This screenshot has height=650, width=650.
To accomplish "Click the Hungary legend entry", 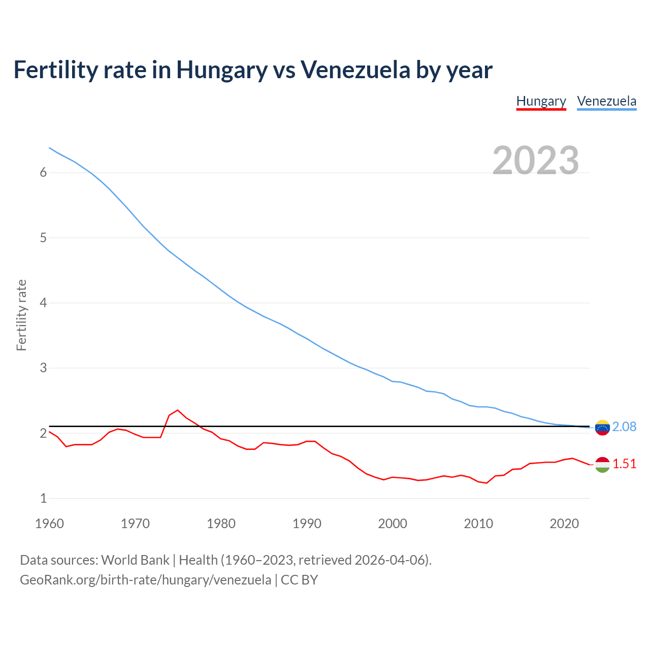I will point(541,101).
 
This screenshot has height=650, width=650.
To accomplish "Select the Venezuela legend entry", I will point(606,101).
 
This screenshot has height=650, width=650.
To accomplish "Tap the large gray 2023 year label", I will point(536,160).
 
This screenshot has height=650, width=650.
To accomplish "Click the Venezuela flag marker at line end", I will point(602,428).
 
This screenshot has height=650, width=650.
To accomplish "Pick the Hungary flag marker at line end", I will point(602,465).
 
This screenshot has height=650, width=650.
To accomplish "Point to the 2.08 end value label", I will point(624,427).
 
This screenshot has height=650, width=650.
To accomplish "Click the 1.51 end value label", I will point(624,464).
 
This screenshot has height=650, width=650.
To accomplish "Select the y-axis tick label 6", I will point(43,173).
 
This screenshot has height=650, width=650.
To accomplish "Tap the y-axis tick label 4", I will point(43,303).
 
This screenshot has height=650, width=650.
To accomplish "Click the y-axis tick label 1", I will point(43,499).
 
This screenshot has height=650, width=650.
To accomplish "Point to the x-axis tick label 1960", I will point(49,524).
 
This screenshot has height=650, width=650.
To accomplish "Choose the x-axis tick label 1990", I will point(307,524).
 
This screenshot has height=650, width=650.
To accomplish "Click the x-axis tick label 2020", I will point(564,524).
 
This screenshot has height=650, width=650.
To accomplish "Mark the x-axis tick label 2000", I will point(393,524).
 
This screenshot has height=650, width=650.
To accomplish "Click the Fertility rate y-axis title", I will point(21,315).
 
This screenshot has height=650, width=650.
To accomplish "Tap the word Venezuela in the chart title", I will point(355,70).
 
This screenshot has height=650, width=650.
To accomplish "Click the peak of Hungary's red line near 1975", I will point(178,410).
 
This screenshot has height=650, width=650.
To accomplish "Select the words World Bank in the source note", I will point(135,560).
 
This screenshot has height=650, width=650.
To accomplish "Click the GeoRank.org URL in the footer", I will point(145,580).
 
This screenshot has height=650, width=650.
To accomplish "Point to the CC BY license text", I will point(299,580).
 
